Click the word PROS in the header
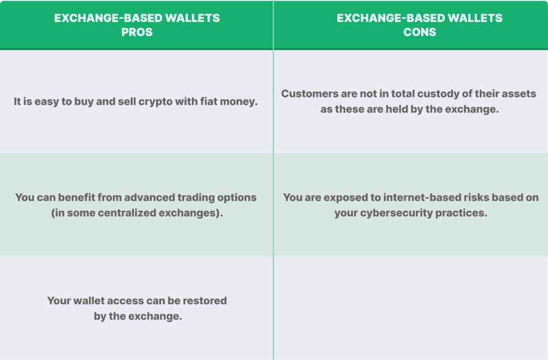[137, 32]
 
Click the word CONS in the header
[420, 32]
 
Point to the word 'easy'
[47, 101]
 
